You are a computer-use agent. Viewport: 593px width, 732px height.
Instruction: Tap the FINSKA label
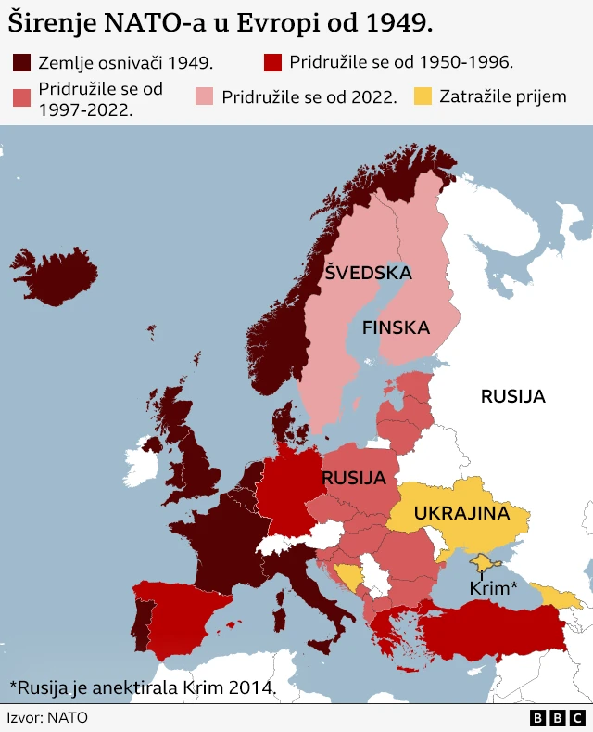(396, 327)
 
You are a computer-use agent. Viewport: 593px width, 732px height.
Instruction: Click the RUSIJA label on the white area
(512, 396)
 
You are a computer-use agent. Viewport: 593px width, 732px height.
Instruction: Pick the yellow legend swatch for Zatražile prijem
(423, 96)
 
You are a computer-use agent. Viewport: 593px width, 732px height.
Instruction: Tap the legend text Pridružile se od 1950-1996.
(400, 62)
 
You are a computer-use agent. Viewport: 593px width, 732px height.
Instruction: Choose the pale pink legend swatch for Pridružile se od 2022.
(205, 96)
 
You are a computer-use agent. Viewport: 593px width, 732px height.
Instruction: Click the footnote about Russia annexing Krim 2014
(143, 687)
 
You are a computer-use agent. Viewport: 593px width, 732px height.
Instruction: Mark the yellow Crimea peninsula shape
(484, 562)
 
